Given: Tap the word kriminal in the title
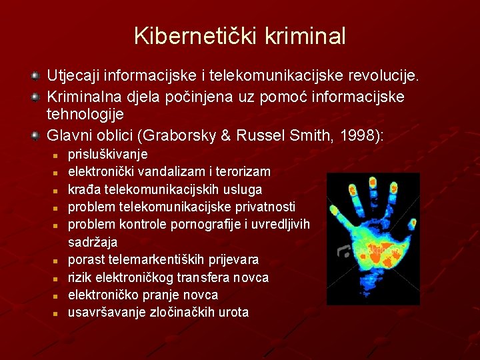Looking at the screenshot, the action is coord(305,36).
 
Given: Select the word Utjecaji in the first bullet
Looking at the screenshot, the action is coord(73,76).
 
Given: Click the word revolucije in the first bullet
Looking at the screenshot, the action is coord(383,75).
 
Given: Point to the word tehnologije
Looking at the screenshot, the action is coord(85,115).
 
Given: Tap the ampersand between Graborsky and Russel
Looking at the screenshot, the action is coord(225,135).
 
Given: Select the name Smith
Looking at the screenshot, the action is coord(311,135).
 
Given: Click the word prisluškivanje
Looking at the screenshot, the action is coord(108,154).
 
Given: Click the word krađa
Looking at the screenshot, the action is coord(84,189).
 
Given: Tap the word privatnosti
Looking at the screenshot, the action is coord(265,207).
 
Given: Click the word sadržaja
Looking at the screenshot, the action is coord(93,242).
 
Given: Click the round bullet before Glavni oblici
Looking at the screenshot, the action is coord(35,135).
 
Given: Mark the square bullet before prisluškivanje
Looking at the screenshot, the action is coord(55,156).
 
